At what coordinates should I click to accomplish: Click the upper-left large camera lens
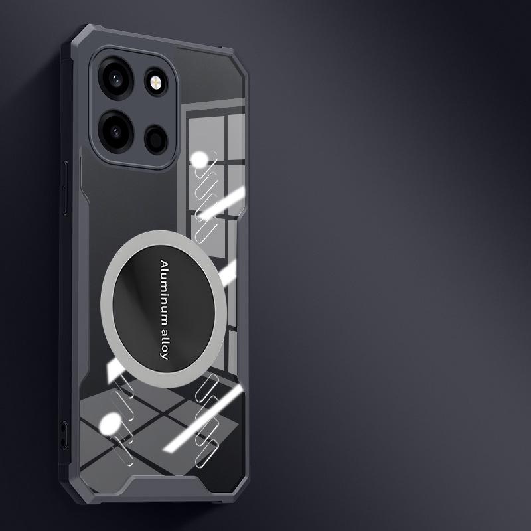point(115,79)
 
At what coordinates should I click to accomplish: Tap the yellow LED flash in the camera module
point(156,82)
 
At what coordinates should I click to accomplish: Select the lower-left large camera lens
point(115,131)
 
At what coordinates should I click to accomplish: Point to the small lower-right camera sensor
point(156,139)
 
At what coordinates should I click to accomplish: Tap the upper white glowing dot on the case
point(199,160)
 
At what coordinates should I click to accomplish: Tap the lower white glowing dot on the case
point(110,424)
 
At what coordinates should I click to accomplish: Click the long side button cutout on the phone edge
point(65,188)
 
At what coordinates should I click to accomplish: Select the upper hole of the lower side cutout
point(63,427)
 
